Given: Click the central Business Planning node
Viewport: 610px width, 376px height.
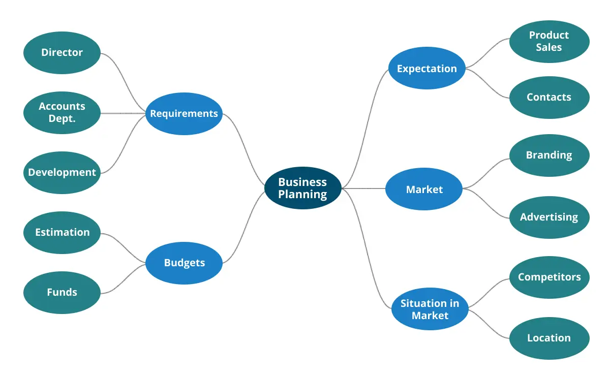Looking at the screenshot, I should click(302, 189).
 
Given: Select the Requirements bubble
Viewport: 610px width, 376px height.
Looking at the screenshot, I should click(184, 114).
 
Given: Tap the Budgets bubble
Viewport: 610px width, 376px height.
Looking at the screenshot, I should click(184, 263).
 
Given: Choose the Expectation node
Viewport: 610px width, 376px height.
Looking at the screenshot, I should click(426, 69).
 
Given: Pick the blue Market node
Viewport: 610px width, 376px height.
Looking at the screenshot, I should click(424, 190).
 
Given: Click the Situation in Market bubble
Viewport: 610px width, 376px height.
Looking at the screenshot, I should click(430, 309).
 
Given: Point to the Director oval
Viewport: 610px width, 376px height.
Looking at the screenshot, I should click(62, 52).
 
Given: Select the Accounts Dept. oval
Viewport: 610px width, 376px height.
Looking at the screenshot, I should click(62, 112).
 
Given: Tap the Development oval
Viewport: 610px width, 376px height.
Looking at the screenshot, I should click(62, 172).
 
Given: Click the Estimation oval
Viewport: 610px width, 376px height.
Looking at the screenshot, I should click(62, 232).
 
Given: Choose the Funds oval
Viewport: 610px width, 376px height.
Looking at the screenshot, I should click(62, 292).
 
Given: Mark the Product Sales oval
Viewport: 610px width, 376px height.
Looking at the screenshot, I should click(549, 42).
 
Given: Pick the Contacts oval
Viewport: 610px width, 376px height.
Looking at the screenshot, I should click(549, 97).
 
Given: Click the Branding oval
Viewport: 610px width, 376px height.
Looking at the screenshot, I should click(549, 155).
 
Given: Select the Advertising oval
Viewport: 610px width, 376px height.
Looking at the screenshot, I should click(549, 217).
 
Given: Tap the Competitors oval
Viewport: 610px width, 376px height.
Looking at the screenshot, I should click(549, 277).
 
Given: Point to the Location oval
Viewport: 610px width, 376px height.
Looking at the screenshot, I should click(549, 338).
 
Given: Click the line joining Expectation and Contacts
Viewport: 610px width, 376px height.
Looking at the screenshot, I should click(488, 84).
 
